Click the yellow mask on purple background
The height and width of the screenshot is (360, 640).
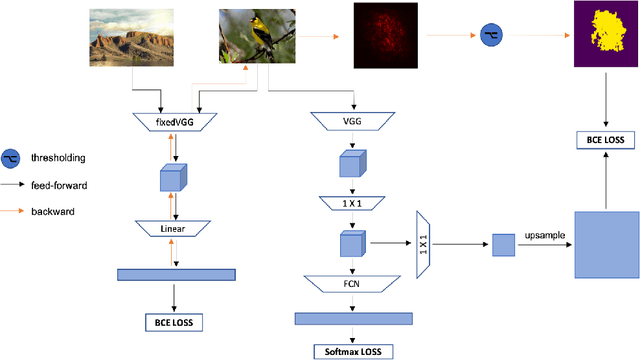(x=605, y=35)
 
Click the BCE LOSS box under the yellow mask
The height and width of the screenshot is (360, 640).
(x=606, y=139)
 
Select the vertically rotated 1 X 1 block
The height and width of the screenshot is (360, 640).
(x=423, y=243)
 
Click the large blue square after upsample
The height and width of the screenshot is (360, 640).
(x=606, y=245)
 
